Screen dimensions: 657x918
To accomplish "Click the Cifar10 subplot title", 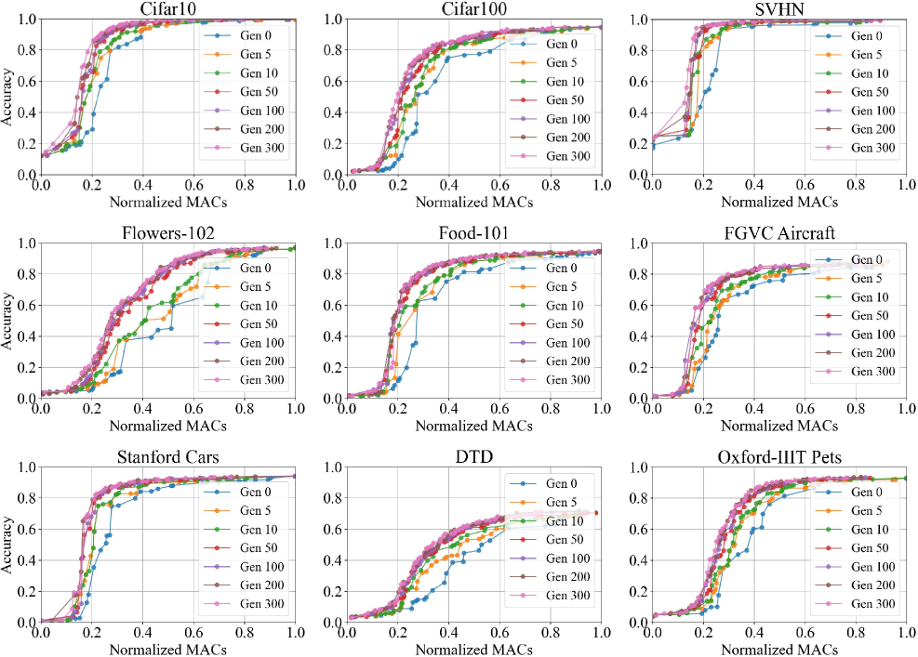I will pos(168,8).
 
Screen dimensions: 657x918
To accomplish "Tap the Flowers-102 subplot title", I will pos(168,232).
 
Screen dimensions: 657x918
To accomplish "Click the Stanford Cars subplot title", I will pos(168,456).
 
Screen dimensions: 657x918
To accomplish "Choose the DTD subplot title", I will pos(474,456).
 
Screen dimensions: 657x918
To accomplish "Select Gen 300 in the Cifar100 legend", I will pos(565,157).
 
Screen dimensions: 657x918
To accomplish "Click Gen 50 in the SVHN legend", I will pos(870,92).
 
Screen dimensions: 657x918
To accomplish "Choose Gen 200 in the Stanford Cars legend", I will pos(259,585).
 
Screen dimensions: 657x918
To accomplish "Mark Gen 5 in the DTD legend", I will pos(562,503).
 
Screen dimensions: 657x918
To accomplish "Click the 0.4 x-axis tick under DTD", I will pos(449,633).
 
